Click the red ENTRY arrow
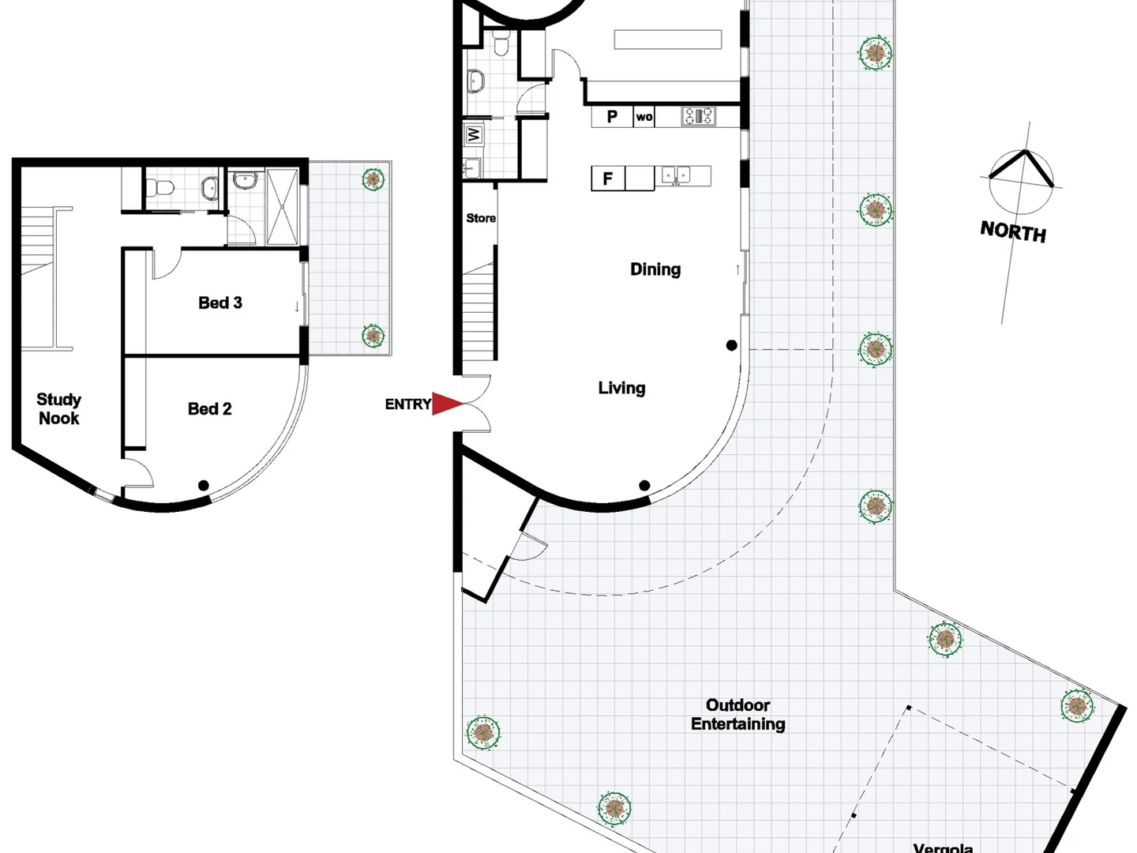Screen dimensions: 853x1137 coord(446,404)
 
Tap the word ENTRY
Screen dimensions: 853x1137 coord(407,404)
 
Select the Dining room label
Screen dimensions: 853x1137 coord(655,269)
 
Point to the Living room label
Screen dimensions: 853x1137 coord(621,388)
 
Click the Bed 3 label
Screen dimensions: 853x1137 coord(220,302)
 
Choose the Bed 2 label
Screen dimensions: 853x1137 coord(210,408)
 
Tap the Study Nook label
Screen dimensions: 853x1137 coord(59,409)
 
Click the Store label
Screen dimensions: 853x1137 coord(481,218)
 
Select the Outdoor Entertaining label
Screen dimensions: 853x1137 coord(738,715)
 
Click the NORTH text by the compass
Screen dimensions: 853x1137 coord(1013,231)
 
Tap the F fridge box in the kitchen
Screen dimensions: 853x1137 coord(607,178)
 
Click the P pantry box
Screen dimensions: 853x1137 coord(612,117)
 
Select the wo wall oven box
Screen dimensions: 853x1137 coord(644,117)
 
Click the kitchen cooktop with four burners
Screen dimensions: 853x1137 coord(699,116)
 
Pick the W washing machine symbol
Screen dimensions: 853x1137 coord(474,135)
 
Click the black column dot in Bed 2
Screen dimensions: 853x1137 coord(204,486)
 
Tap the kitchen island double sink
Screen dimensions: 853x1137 coord(675,175)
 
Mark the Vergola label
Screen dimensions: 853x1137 coord(943,847)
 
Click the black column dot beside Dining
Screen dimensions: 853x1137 coord(732,345)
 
